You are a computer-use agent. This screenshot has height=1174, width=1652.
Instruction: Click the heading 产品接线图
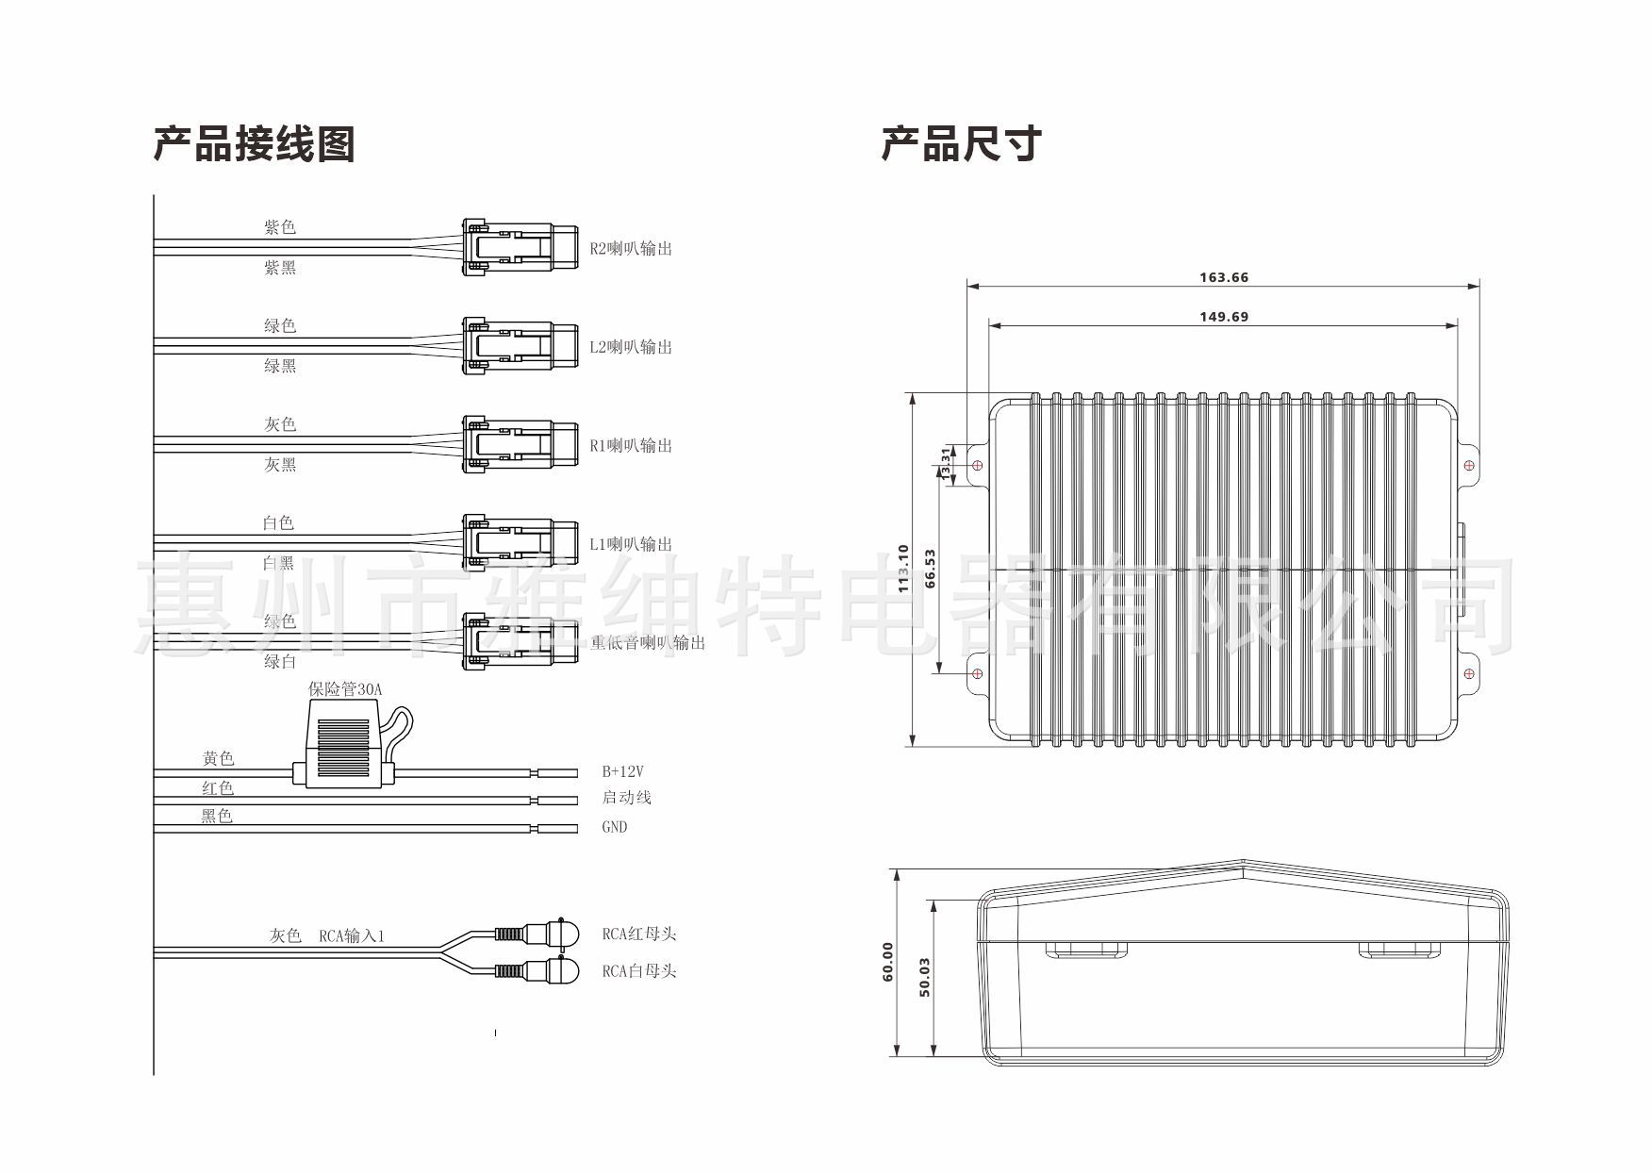pyautogui.click(x=254, y=144)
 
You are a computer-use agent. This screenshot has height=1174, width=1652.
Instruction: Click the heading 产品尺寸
pyautogui.click(x=961, y=144)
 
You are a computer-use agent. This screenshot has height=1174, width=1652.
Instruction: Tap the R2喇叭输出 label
pyautogui.click(x=631, y=249)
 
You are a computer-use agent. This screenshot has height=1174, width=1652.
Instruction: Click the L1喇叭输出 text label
pyautogui.click(x=631, y=544)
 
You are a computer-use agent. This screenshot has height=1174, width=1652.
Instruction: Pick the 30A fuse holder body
pyautogui.click(x=343, y=750)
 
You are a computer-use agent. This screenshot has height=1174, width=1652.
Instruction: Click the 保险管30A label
pyautogui.click(x=345, y=689)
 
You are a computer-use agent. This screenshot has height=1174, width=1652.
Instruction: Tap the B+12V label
pyautogui.click(x=622, y=771)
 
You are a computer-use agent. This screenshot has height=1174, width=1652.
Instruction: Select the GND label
pyautogui.click(x=614, y=827)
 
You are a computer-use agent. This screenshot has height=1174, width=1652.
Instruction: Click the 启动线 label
pyautogui.click(x=626, y=798)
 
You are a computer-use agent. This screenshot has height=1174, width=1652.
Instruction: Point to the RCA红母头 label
pyautogui.click(x=639, y=934)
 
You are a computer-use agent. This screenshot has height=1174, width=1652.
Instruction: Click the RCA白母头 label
pyautogui.click(x=639, y=971)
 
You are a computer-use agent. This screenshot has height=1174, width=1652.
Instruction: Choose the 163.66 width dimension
pyautogui.click(x=1223, y=277)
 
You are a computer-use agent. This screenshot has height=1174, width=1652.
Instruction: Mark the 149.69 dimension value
pyautogui.click(x=1223, y=317)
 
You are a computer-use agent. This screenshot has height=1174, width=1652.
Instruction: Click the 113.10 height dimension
pyautogui.click(x=903, y=569)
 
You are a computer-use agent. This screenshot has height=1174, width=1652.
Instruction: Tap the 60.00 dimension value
pyautogui.click(x=887, y=962)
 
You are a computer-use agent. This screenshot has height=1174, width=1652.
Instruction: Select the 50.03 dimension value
pyautogui.click(x=925, y=977)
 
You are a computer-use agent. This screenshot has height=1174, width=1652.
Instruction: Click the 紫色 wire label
pyautogui.click(x=279, y=227)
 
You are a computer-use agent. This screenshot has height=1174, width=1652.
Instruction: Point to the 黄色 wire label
pyautogui.click(x=218, y=758)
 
